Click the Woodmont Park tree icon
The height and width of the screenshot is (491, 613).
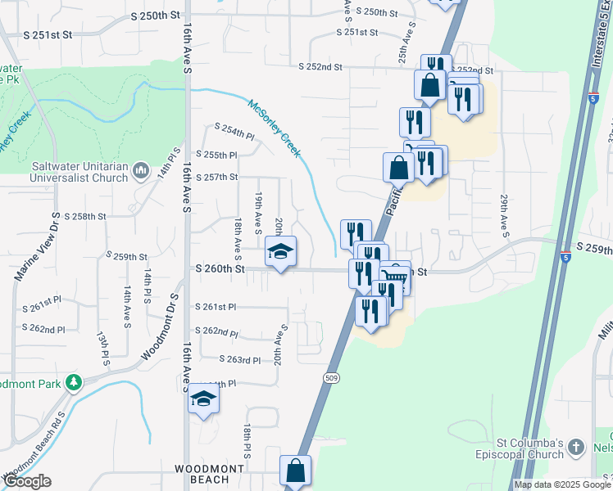tap(74, 382)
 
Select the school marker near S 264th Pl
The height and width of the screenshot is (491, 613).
tap(204, 399)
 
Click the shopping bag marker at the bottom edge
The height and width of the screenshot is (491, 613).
tap(295, 471)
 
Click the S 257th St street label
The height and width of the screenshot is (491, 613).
tap(217, 177)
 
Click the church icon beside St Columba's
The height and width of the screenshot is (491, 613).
tap(577, 447)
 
